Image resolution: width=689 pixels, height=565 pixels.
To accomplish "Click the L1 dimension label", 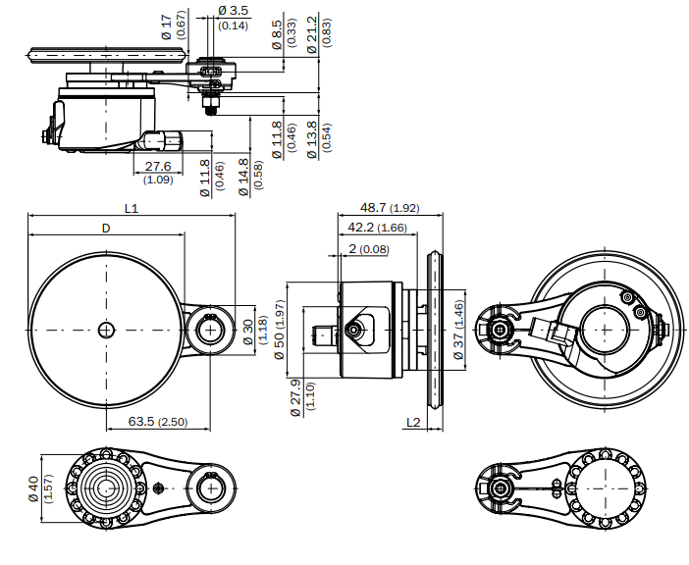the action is tap(132, 208).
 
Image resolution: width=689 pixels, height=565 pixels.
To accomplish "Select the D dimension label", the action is tap(106, 229).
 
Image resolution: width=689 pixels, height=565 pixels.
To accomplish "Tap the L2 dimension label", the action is tap(413, 423).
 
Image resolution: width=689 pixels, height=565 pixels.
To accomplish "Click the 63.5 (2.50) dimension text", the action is tap(158, 422).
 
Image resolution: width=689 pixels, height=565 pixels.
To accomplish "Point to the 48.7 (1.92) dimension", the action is tap(390, 208).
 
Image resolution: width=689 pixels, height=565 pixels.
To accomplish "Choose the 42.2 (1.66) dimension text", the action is tap(378, 228).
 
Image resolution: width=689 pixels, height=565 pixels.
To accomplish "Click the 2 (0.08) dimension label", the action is tap(369, 249).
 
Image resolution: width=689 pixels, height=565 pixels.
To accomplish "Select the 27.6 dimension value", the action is tap(158, 167).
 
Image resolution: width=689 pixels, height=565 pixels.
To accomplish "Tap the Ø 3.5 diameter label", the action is tap(233, 10).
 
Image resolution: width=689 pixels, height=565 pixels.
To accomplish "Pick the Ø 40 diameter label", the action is tap(33, 488).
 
